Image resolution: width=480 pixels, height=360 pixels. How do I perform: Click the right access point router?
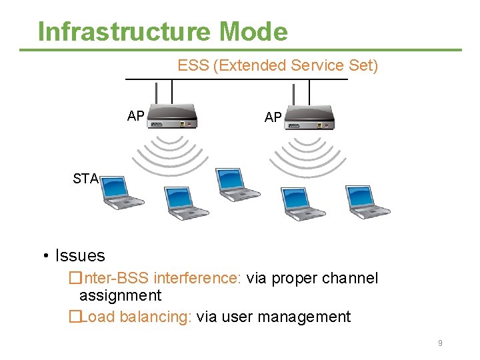click(310, 117)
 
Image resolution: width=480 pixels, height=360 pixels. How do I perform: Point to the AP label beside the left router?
click(136, 116)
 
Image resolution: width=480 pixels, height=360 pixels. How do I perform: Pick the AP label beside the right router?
click(273, 117)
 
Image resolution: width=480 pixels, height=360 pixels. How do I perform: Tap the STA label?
click(85, 179)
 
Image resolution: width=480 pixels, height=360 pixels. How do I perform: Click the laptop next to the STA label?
click(122, 193)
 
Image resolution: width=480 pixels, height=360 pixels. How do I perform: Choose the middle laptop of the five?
click(238, 185)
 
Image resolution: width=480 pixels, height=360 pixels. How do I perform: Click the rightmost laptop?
click(367, 201)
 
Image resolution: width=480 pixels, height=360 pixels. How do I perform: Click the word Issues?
click(80, 255)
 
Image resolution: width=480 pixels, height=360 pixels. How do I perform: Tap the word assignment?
click(120, 295)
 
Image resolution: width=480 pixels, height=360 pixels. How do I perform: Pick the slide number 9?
click(440, 343)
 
